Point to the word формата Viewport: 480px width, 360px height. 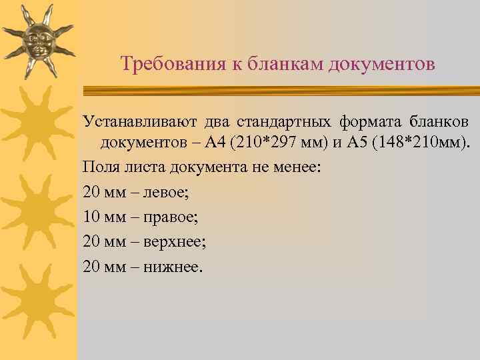(x=367, y=122)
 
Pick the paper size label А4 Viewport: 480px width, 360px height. (x=215, y=143)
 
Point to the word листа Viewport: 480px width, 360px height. (x=137, y=165)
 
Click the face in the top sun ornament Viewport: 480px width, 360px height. (x=37, y=41)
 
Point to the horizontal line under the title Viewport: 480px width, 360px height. (x=280, y=89)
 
